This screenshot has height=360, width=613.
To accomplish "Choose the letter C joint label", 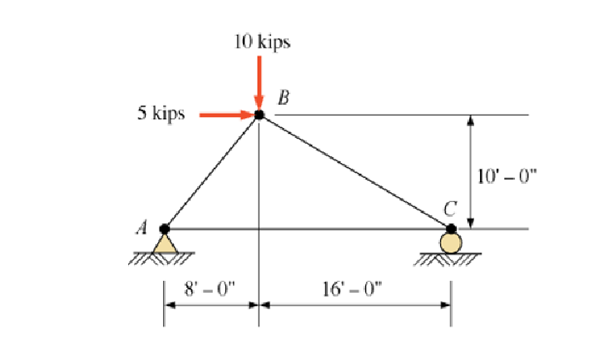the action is tap(451, 210).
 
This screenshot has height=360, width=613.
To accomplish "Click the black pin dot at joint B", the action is tap(259, 115).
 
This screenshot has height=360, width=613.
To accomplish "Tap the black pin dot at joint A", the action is tap(165, 229).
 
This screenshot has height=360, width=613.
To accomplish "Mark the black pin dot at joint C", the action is tap(451, 229).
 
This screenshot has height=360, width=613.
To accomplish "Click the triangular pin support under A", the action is tap(165, 243).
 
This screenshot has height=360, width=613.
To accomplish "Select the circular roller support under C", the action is tap(451, 243).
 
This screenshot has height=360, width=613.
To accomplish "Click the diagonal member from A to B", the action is tap(211, 172).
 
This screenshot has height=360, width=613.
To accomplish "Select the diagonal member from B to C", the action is tap(354, 171).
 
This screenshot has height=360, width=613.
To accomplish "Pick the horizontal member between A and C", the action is tap(333, 229).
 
